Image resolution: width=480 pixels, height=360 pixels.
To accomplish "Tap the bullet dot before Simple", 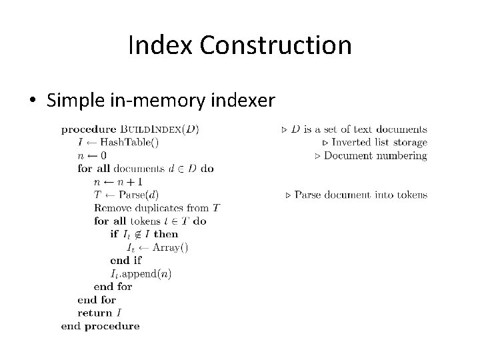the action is [33, 101].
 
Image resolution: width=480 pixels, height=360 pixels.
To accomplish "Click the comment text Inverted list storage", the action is [379, 142].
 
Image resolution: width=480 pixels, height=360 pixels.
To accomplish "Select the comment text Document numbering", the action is [375, 155].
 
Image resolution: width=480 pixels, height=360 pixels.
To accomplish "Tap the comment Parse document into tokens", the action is [361, 195].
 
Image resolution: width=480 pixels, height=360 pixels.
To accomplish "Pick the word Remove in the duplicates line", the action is [111, 208].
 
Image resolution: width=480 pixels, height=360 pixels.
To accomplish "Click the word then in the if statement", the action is [166, 234].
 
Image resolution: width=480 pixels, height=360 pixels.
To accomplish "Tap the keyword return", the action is [95, 313].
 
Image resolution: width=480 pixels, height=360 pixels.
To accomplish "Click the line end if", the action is [126, 260].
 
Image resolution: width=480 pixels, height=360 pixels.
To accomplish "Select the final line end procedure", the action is [100, 326].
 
